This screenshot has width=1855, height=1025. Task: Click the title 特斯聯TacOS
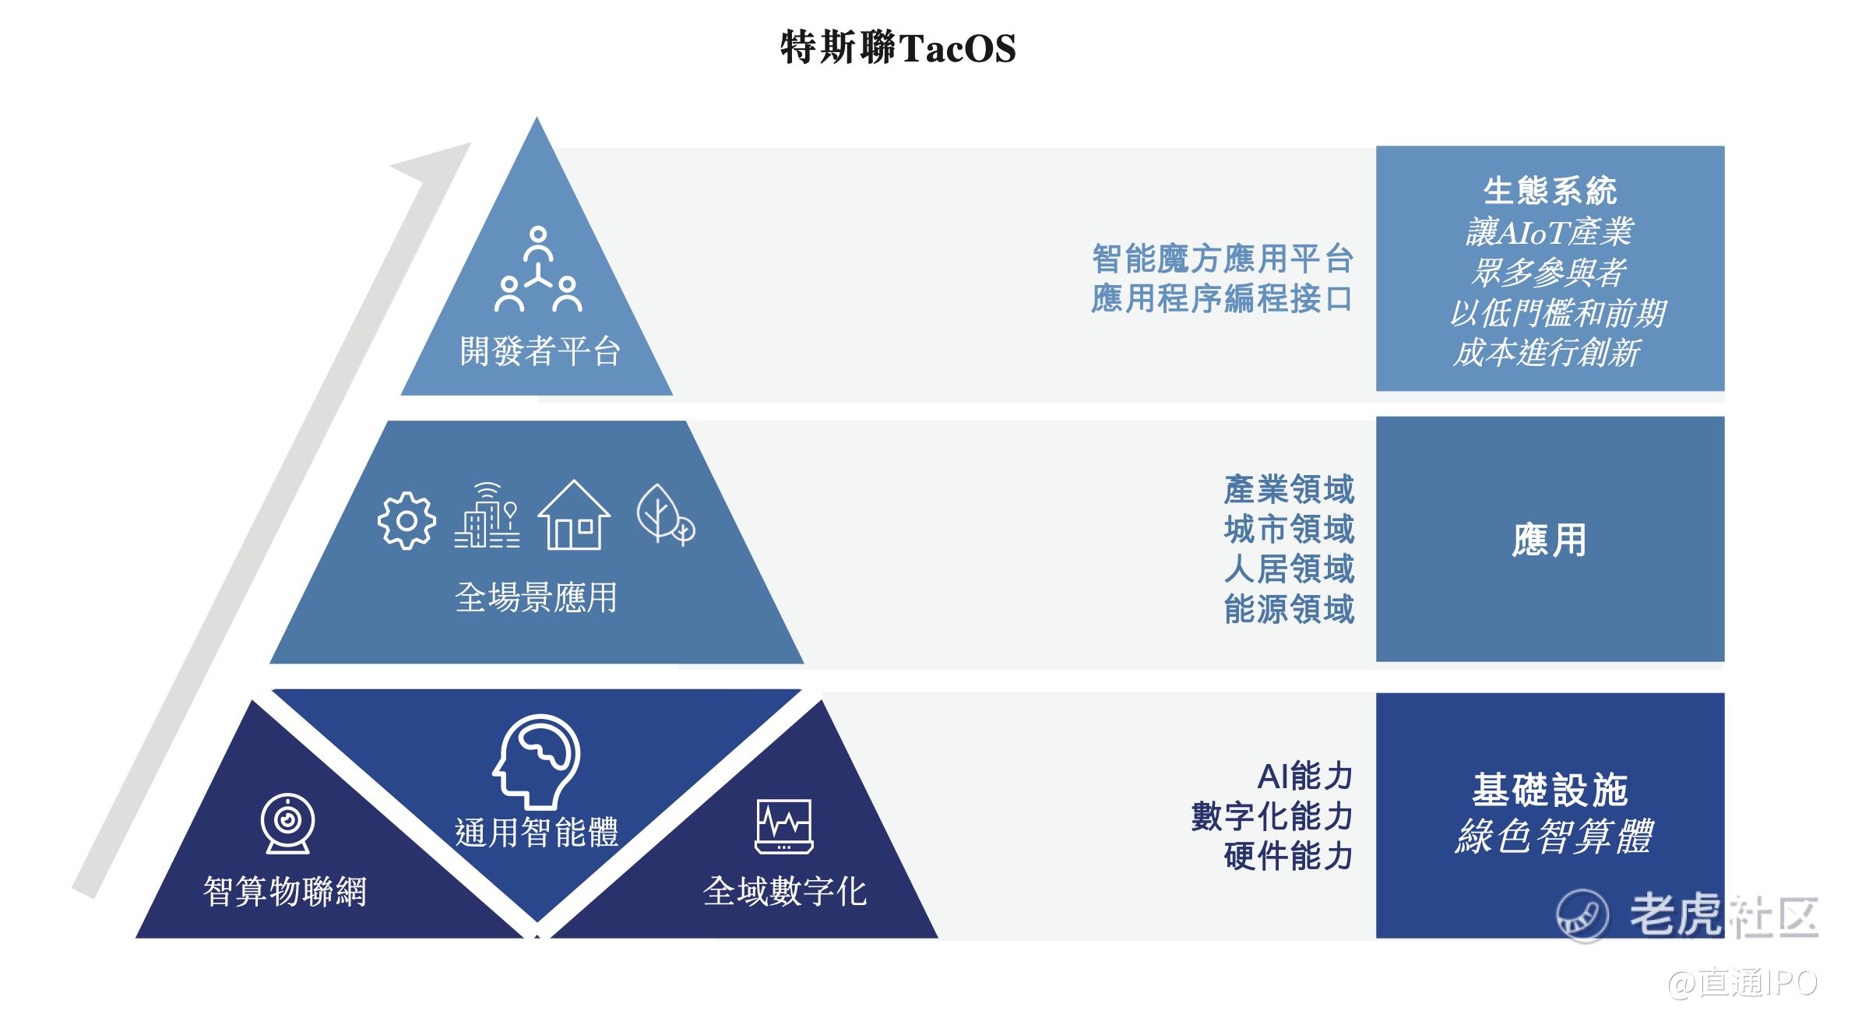point(898,48)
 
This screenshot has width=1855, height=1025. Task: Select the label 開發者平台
point(540,351)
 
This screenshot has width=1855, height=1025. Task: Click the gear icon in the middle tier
point(407,521)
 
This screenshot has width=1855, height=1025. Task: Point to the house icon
point(574,515)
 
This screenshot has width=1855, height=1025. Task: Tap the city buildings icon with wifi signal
point(487,515)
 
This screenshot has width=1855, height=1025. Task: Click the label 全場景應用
point(536,597)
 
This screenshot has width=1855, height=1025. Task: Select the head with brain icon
point(537,762)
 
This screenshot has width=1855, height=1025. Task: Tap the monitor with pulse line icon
point(784,826)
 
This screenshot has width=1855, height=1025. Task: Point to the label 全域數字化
point(784,891)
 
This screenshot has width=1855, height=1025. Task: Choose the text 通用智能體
point(537,832)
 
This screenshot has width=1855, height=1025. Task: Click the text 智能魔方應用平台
point(1223,259)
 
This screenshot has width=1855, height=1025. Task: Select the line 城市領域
point(1289,530)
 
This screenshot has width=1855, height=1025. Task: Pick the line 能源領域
point(1289,609)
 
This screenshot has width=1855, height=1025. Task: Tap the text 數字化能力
point(1272,816)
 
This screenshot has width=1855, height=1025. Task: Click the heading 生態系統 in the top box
point(1550,190)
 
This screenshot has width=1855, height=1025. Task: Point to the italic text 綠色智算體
point(1552,837)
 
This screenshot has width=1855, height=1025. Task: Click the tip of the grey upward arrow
point(470,143)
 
